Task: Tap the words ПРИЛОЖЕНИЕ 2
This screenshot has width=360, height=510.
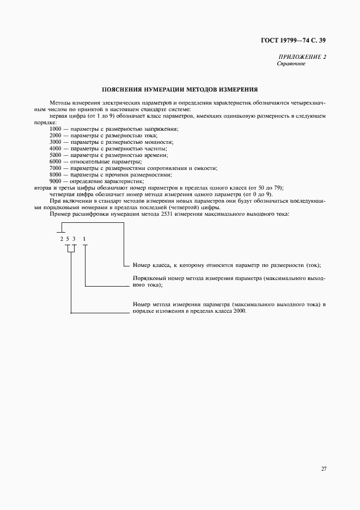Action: coord(302,57)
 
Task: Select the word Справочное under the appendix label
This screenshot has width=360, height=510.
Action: coord(291,64)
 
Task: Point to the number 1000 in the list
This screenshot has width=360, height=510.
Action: coord(55,129)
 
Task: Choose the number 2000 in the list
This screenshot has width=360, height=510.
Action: coord(55,135)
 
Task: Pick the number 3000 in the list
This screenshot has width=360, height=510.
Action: coord(55,142)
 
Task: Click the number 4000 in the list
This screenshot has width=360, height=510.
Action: coord(55,148)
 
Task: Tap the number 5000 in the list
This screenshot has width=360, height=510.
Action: coord(55,155)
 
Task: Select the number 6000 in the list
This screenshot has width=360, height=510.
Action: coord(55,161)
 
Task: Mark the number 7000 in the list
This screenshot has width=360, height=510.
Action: coord(55,168)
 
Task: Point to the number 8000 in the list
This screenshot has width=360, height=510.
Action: coord(55,174)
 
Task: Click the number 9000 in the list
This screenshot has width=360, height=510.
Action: coord(55,181)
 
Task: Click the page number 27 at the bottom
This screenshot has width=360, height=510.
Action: coord(323,468)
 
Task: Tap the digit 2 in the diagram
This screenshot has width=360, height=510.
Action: coord(62,239)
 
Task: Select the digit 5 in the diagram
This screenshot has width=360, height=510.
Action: coord(68,239)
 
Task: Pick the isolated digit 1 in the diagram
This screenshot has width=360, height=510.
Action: coord(84,239)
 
